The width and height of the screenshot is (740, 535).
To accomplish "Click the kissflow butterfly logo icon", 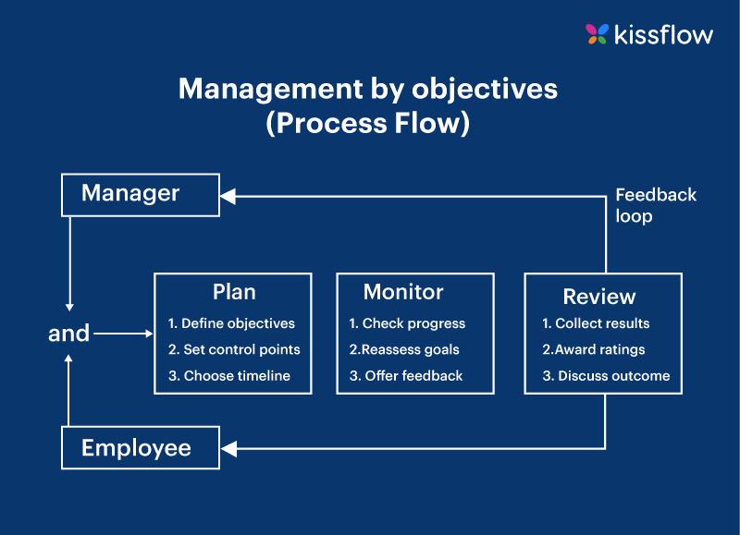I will (x=597, y=34).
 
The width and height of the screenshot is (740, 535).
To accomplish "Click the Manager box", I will (x=140, y=194).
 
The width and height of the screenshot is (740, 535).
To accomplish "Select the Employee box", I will (x=140, y=448).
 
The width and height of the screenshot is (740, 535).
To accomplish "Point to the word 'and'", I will (x=68, y=334).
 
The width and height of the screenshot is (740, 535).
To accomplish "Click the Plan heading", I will (x=234, y=292).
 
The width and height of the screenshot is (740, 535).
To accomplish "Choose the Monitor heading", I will (x=403, y=292).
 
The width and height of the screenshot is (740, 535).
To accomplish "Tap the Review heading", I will (x=599, y=297).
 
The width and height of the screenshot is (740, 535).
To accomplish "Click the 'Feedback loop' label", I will (x=656, y=205).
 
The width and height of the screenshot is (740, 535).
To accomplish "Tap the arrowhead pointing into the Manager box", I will (x=228, y=195).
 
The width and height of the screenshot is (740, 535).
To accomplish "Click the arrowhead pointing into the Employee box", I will (x=228, y=449).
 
